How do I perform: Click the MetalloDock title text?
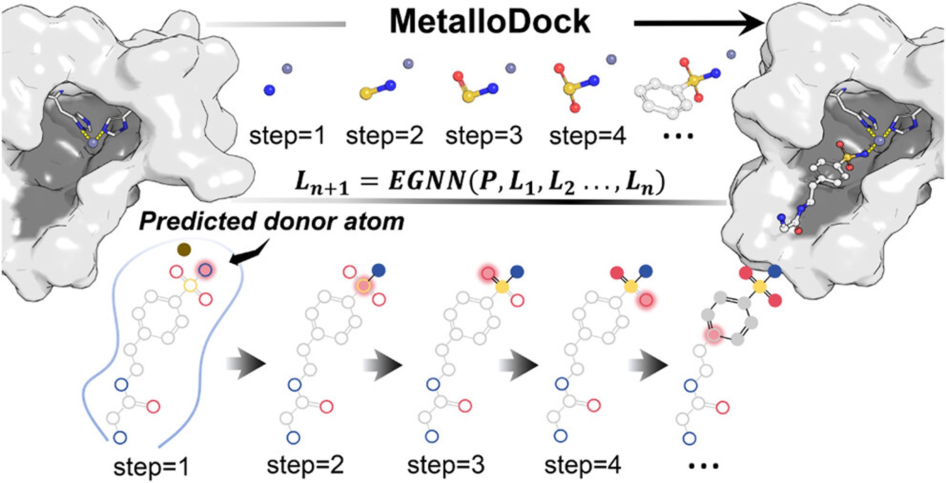[490, 22]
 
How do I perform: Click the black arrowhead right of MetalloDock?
[752, 23]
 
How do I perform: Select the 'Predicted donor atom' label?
[272, 222]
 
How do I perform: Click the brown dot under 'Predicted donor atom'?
[184, 249]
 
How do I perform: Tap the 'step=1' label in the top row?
[287, 135]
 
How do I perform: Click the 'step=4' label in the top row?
[587, 135]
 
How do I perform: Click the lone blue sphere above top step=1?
[269, 90]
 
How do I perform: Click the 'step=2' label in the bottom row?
[305, 465]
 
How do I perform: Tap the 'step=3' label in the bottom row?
[446, 465]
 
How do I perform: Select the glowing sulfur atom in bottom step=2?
[362, 286]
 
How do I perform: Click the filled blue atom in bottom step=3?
[517, 271]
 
